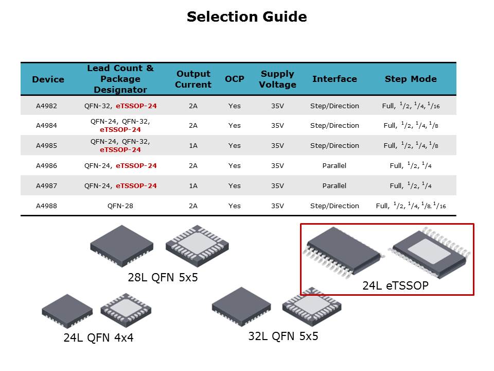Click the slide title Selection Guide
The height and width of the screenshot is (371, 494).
[246, 16]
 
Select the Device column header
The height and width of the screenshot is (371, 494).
[48, 79]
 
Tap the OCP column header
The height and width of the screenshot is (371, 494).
[235, 79]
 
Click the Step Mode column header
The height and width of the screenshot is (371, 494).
[411, 79]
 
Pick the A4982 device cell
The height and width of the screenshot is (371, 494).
[46, 106]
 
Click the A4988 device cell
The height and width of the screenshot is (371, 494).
[46, 206]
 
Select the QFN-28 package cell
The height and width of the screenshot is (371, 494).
[120, 206]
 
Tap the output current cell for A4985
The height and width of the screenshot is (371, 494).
[193, 146]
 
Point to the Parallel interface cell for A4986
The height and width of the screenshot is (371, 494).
[334, 165]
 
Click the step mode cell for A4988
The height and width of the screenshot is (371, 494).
[411, 206]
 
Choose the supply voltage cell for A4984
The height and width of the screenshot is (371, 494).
[277, 126]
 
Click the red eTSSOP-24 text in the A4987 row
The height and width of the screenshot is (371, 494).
[136, 186]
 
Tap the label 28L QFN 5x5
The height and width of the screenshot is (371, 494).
[163, 277]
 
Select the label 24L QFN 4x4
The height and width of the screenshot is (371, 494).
[99, 338]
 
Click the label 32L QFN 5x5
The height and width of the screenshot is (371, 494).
[283, 336]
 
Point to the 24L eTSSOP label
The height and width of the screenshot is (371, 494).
[395, 285]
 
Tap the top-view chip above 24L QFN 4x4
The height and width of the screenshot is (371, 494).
[67, 310]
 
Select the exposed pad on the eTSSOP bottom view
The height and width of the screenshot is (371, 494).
[429, 251]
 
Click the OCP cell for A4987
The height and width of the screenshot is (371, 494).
[235, 186]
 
